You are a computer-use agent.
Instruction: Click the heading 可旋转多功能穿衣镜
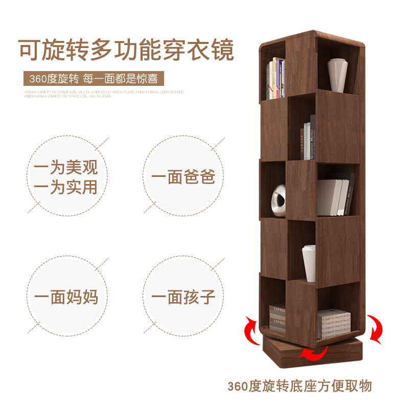pyautogui.click(x=126, y=50)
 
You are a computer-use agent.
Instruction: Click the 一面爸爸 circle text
pyautogui.click(x=183, y=177)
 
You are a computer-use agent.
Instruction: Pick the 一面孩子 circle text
pyautogui.click(x=183, y=297)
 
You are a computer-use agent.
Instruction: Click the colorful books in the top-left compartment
pyautogui.click(x=276, y=79)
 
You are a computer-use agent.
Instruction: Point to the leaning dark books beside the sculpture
pyautogui.click(x=337, y=194)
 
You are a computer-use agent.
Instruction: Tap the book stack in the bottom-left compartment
pyautogui.click(x=277, y=317)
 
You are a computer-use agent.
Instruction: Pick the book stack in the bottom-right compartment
pyautogui.click(x=334, y=323)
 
